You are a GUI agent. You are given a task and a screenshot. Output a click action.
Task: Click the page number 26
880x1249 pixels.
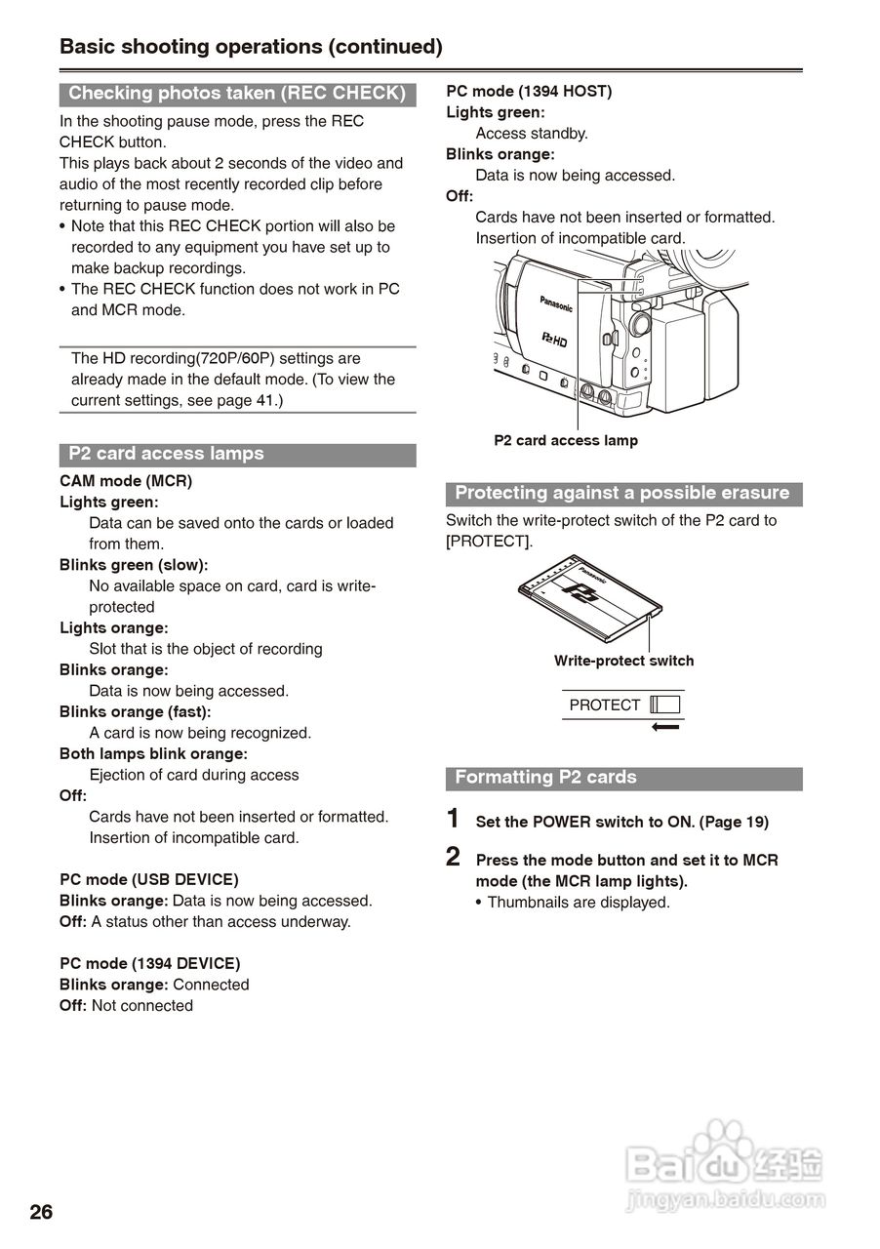[41, 1213]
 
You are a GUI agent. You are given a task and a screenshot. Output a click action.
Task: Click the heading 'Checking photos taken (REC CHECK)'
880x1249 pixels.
[237, 94]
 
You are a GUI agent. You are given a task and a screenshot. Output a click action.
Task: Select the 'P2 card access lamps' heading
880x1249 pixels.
[166, 454]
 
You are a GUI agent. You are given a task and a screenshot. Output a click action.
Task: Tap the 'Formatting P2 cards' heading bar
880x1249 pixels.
[545, 778]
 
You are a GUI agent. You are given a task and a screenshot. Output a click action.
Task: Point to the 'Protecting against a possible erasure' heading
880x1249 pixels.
[622, 493]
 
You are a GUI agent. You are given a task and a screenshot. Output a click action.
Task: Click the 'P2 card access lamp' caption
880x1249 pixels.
[566, 440]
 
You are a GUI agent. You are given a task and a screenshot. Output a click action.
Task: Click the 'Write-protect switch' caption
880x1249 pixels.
[623, 661]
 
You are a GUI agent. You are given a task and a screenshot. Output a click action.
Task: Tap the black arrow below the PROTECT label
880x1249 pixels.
[665, 727]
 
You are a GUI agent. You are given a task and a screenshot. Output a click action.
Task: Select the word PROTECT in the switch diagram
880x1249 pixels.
[605, 705]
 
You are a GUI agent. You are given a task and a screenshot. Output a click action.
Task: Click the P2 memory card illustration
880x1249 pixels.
[590, 598]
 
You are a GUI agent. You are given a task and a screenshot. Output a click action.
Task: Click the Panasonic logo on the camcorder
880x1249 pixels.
[556, 303]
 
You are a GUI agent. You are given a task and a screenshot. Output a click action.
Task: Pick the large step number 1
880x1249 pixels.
[453, 818]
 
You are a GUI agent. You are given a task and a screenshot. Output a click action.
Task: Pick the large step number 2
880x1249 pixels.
[453, 857]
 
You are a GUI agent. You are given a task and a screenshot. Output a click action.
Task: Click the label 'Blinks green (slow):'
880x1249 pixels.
[134, 565]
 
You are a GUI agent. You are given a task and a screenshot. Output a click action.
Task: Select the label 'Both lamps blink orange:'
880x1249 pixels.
[153, 753]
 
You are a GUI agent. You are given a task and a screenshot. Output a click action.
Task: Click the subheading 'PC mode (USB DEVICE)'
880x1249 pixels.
[148, 879]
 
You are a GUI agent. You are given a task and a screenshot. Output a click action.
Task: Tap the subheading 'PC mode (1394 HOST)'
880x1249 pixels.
[529, 91]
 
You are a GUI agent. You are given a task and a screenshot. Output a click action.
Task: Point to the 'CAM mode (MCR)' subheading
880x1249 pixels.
[126, 481]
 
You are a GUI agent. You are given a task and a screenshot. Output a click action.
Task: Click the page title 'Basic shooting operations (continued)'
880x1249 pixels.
[251, 46]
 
